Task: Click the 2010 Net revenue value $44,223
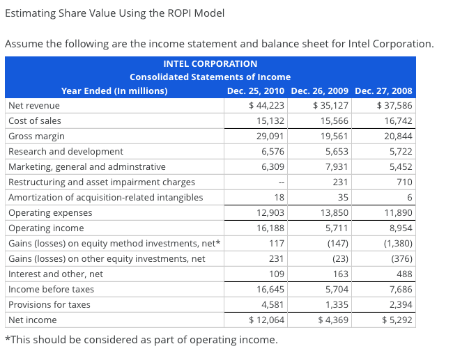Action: coord(266,106)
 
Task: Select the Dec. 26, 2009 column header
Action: coord(320,91)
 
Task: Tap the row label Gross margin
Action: coord(36,136)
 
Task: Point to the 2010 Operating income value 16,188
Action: coord(269,228)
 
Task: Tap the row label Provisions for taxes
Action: coord(49,304)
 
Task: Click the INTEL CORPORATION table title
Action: coord(210,63)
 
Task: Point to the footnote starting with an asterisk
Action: coord(141,341)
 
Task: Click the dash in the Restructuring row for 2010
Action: coord(280,182)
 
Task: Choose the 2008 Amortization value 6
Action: coord(409,197)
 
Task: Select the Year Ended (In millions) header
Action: coord(114,91)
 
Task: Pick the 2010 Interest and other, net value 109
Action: coord(276,274)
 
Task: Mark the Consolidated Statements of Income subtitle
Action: coord(210,77)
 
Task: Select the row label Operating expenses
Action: coord(50,212)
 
